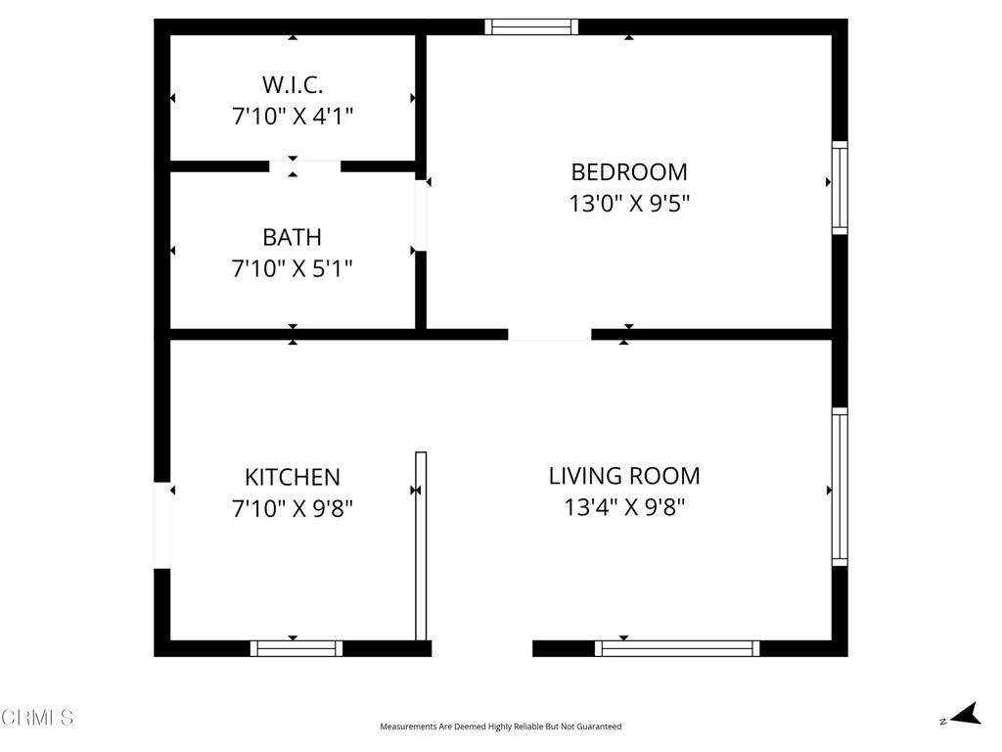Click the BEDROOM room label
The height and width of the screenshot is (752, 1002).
[x=629, y=172]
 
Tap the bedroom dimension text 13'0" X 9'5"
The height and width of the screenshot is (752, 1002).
[x=629, y=204]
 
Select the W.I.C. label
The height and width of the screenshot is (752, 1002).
[x=292, y=84]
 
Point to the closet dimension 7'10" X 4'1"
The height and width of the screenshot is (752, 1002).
[x=292, y=117]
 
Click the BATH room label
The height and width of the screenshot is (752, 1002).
[x=292, y=237]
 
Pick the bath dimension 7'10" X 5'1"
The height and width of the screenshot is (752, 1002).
[x=292, y=268]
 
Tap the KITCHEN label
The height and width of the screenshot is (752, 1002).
[x=292, y=477]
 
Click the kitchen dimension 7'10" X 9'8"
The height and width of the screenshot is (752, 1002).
[x=292, y=508]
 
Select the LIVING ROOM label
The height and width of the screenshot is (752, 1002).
[x=624, y=476]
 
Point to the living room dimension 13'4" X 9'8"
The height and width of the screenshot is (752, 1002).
[x=624, y=507]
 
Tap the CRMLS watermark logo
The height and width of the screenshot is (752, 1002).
[x=37, y=718]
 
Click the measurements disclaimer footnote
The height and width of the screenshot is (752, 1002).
[x=500, y=727]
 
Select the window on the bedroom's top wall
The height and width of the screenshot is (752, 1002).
[x=531, y=26]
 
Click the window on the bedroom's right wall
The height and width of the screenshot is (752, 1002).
[x=840, y=188]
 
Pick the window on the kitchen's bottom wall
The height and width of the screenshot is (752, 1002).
[x=296, y=647]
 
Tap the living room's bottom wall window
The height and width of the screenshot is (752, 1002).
[x=677, y=647]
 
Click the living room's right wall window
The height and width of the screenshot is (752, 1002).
[x=840, y=487]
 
